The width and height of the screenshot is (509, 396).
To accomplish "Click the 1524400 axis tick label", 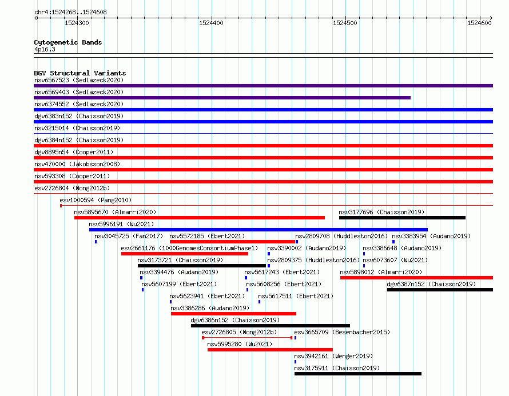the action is [x=211, y=23].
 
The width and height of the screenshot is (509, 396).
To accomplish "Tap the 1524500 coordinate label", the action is [x=345, y=23].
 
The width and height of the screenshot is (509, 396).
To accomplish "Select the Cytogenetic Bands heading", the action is [x=68, y=42].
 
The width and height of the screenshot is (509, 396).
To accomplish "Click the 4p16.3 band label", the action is [x=45, y=49].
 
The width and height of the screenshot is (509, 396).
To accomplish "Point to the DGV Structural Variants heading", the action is [x=80, y=73].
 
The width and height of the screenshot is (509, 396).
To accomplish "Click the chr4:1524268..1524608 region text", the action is [x=70, y=13].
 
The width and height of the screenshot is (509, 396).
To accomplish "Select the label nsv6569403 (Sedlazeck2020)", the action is [x=79, y=92].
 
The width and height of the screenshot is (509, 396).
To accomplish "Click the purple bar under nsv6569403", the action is [x=222, y=98].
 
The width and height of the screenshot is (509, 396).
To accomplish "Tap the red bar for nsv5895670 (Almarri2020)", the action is [x=200, y=218].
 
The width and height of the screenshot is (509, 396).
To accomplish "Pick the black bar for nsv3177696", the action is [x=402, y=218].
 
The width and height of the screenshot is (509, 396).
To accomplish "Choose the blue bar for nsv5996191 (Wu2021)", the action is [x=259, y=230].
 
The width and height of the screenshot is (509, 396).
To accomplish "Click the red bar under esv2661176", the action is [x=185, y=254].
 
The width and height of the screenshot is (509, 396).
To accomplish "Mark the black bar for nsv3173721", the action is [x=201, y=266].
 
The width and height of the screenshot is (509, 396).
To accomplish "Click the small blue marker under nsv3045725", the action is [x=96, y=242].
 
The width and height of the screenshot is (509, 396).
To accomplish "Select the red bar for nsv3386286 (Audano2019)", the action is [x=233, y=314].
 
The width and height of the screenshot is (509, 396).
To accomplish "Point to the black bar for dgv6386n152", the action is [x=271, y=326].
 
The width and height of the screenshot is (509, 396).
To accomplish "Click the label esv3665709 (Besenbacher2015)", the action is [x=342, y=332].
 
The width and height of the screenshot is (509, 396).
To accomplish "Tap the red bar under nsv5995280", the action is [x=270, y=350].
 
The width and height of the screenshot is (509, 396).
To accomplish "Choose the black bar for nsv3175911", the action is [x=358, y=374].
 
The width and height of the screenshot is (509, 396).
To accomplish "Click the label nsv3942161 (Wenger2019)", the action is [x=333, y=356].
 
